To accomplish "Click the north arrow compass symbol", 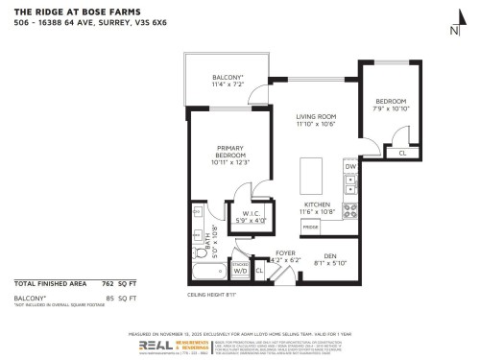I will [454, 30].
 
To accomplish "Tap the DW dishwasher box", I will [350, 167].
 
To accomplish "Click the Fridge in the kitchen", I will [311, 227].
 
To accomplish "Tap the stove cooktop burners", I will [351, 210].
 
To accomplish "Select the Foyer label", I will [282, 253].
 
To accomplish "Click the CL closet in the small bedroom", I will [401, 153].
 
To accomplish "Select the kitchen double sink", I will [351, 186].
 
